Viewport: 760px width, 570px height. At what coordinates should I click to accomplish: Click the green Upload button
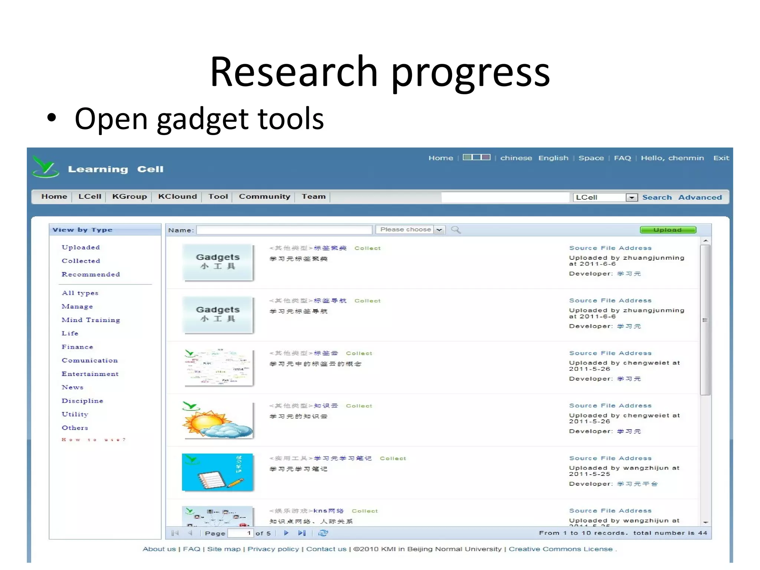tap(668, 230)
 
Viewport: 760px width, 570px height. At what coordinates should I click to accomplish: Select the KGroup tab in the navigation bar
tap(130, 196)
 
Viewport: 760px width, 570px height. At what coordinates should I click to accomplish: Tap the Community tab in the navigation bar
tap(264, 196)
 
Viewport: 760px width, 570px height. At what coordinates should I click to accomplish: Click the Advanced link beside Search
tap(700, 197)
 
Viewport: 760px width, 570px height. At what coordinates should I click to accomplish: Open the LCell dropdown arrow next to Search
tap(631, 197)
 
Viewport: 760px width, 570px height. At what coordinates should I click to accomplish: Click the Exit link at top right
tap(721, 158)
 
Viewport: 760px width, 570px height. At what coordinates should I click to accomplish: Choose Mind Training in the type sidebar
tap(91, 320)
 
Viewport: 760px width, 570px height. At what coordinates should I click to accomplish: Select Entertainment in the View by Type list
tap(90, 374)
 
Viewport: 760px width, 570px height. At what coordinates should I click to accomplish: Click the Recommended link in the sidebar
tap(91, 274)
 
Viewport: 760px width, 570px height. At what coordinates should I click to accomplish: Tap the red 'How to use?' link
tap(94, 440)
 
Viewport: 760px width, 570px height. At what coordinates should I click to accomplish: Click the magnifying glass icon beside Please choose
tap(456, 230)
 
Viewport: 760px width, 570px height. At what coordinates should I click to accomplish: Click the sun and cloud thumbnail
tap(217, 420)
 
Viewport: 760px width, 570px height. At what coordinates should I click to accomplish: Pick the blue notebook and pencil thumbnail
tap(217, 472)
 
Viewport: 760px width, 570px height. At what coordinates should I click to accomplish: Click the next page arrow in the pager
tap(286, 533)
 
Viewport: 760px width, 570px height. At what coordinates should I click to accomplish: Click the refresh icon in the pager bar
tap(323, 533)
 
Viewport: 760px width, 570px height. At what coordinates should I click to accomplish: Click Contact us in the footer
tap(326, 549)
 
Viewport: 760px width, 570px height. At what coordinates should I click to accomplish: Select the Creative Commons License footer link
tap(560, 549)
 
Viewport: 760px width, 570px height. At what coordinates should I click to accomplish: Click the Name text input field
tap(284, 230)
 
